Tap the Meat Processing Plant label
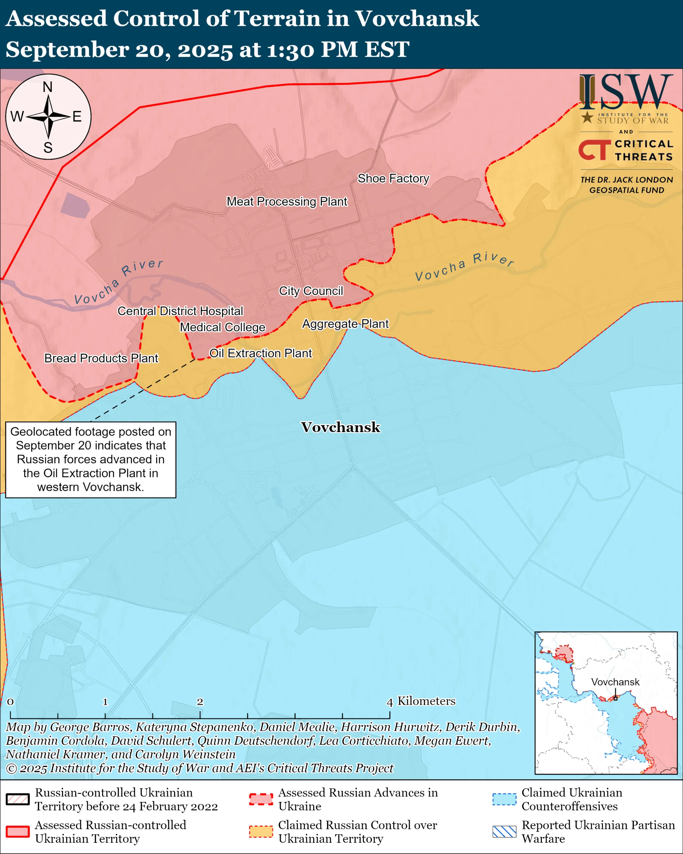[287, 201]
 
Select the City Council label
[311, 291]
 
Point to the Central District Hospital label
[180, 311]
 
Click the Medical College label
[222, 327]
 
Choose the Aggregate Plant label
[345, 324]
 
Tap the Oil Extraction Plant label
[260, 353]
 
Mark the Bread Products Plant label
[101, 358]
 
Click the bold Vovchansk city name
[340, 427]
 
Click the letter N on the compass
[47, 87]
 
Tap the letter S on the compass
[48, 148]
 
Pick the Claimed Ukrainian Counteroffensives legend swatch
[504, 799]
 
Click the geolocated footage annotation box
[91, 459]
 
